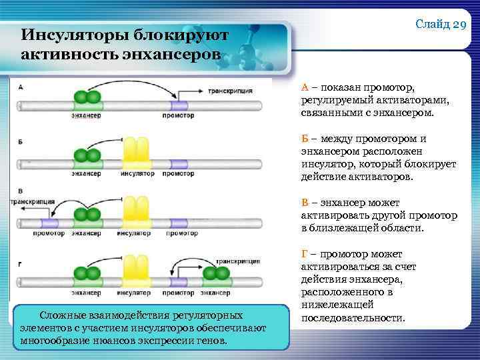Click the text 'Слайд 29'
(440, 25)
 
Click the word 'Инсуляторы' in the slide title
(61, 34)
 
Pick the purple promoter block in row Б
(178, 164)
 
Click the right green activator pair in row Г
(217, 274)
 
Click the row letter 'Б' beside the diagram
(21, 142)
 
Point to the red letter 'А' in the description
(305, 87)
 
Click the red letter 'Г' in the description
(305, 254)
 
